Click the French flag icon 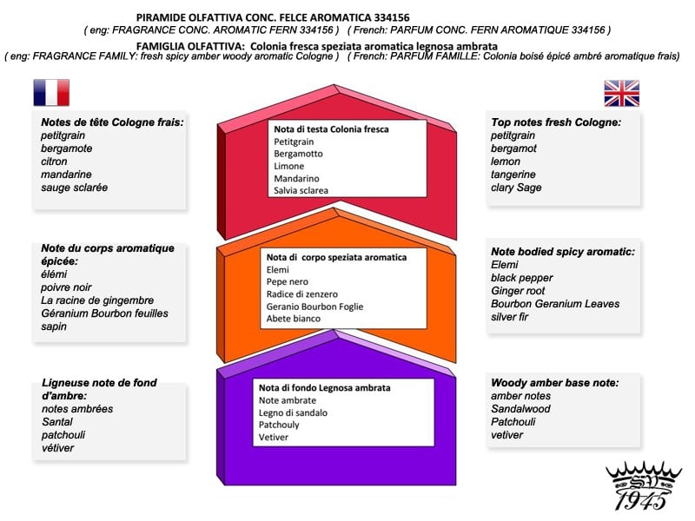click(x=51, y=93)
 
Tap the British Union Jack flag click(x=621, y=93)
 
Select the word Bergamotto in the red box click(x=298, y=154)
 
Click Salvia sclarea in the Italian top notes click(x=301, y=190)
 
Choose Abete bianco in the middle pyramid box click(x=294, y=319)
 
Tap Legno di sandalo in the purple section click(x=293, y=412)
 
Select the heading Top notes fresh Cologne click(x=556, y=122)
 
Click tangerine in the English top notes click(x=513, y=175)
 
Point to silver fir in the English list click(x=510, y=317)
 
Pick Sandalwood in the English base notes click(x=521, y=409)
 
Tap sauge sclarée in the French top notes click(x=74, y=188)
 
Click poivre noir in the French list click(x=66, y=287)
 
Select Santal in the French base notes click(x=56, y=422)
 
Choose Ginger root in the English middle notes click(x=518, y=291)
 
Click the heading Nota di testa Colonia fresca click(x=331, y=129)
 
